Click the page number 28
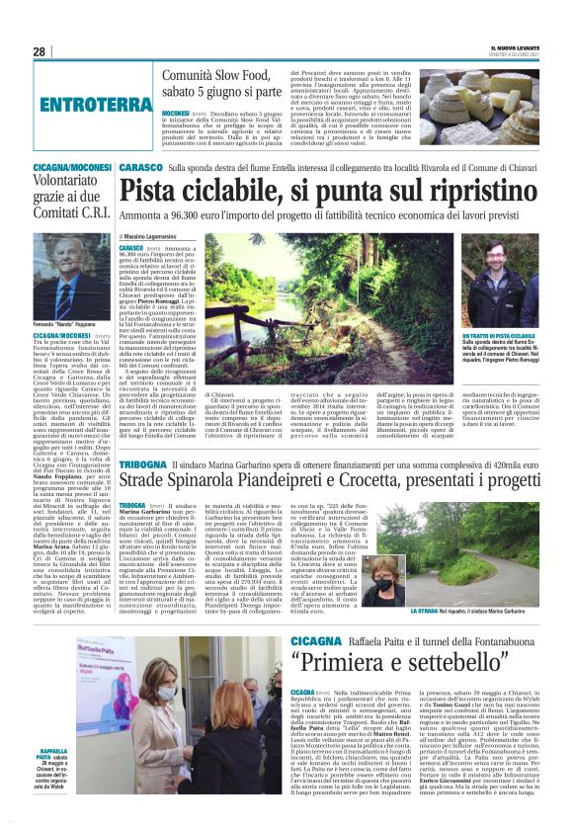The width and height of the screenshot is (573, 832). (39, 51)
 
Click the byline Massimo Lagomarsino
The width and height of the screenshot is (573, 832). (161, 236)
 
